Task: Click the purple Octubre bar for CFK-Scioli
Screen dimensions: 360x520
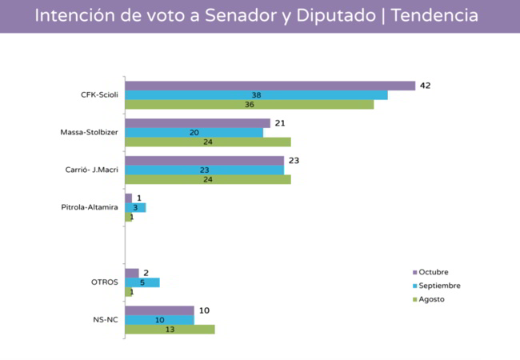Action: (270, 86)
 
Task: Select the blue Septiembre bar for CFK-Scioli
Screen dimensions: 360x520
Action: (256, 95)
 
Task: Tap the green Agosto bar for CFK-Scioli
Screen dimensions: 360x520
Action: (249, 104)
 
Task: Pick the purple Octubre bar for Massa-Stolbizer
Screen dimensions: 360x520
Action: (198, 123)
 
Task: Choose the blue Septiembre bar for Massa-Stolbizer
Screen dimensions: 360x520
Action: (194, 133)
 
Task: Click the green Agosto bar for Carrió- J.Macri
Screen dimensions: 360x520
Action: (207, 179)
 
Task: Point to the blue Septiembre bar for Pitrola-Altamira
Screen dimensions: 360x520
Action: (135, 207)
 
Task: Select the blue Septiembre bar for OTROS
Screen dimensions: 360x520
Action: (142, 282)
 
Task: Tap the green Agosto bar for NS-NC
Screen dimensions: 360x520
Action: (170, 329)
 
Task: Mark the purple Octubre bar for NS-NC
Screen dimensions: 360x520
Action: (159, 310)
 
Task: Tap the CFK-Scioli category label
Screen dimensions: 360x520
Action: (99, 95)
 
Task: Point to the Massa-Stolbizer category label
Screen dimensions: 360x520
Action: (90, 133)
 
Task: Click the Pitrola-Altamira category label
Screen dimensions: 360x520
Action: (90, 207)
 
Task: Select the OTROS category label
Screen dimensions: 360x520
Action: (105, 282)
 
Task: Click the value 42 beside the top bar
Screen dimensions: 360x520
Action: (426, 86)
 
